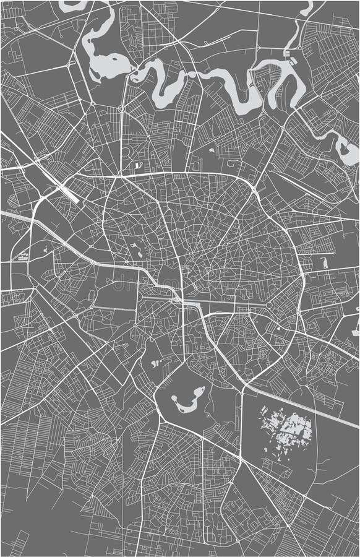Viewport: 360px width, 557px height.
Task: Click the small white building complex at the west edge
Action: [23, 256]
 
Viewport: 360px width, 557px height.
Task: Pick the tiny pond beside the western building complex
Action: [45, 250]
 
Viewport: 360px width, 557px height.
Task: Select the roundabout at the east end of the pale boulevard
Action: [270, 306]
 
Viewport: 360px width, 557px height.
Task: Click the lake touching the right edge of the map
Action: [346, 149]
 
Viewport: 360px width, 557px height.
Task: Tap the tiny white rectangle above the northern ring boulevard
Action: [138, 166]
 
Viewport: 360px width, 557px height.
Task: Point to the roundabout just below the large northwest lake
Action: [122, 108]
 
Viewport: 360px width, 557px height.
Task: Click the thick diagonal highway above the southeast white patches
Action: [303, 405]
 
